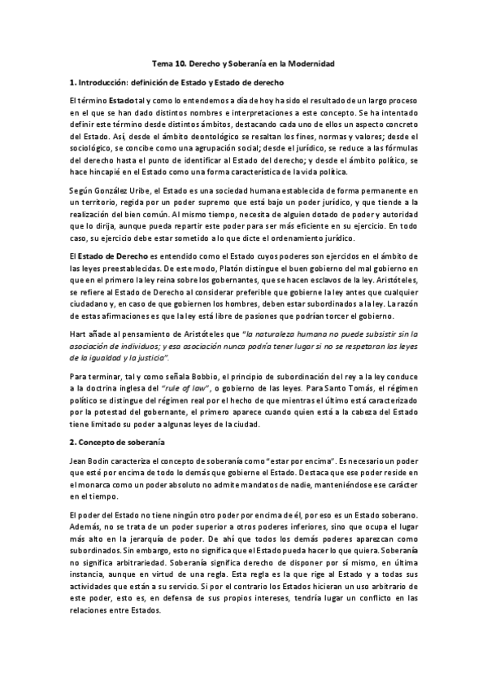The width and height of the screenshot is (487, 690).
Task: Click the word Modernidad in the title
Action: pyautogui.click(x=307, y=63)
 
